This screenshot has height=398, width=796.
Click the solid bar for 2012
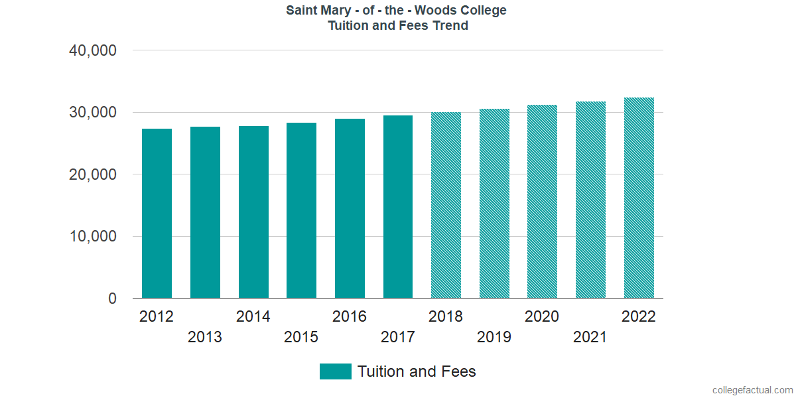pos(157,214)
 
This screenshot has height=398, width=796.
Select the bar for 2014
pos(253,212)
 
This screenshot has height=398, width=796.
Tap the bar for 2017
pos(398,207)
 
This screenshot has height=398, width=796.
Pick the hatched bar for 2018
pos(446,206)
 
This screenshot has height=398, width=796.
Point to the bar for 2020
pos(542,202)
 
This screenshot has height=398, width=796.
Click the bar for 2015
pos(301,210)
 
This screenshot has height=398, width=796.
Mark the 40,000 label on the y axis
pos(92,50)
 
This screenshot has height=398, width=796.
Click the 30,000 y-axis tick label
pos(92,113)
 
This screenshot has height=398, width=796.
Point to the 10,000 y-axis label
pos(92,237)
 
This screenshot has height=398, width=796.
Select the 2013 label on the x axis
pos(205,337)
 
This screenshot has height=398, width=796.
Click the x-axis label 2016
pos(350,316)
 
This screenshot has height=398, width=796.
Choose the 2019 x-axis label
pos(494,337)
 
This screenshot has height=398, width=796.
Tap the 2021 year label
pos(590,337)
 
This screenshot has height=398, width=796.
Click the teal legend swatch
pos(335,371)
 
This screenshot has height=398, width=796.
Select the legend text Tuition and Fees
pos(417,371)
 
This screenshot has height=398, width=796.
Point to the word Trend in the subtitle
pos(450,26)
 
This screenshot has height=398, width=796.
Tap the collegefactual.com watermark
pos(752,390)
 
